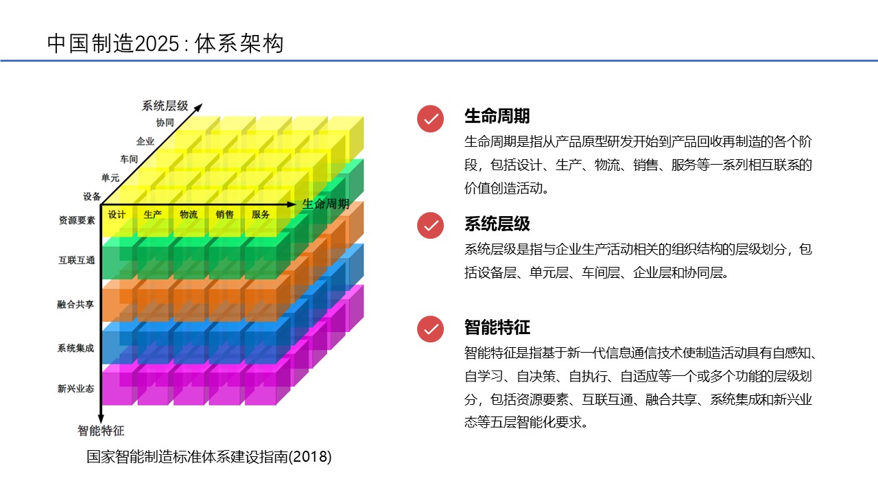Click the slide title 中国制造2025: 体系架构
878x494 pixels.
click(x=165, y=43)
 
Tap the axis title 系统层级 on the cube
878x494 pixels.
click(x=165, y=106)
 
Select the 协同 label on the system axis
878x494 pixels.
click(x=165, y=123)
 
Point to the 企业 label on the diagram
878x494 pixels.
click(x=145, y=141)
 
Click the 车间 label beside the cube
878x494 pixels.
click(x=129, y=159)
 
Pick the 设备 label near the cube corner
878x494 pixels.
click(x=92, y=196)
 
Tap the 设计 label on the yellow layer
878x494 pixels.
click(x=117, y=215)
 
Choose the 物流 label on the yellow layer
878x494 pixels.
click(x=189, y=215)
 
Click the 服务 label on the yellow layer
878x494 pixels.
click(x=261, y=215)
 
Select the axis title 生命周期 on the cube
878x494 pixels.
click(x=325, y=204)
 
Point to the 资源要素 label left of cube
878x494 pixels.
click(x=77, y=220)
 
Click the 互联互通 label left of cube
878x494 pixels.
click(x=76, y=260)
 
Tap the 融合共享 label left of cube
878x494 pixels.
click(x=75, y=304)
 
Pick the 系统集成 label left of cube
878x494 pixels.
click(x=75, y=348)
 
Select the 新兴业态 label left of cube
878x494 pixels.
click(x=75, y=388)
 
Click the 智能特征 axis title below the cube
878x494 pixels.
click(x=101, y=430)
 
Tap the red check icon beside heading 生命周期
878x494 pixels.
click(x=430, y=119)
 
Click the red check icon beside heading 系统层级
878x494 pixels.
click(x=430, y=226)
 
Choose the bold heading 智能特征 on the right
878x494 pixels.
click(x=497, y=327)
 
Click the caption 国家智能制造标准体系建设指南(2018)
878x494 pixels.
click(x=209, y=457)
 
